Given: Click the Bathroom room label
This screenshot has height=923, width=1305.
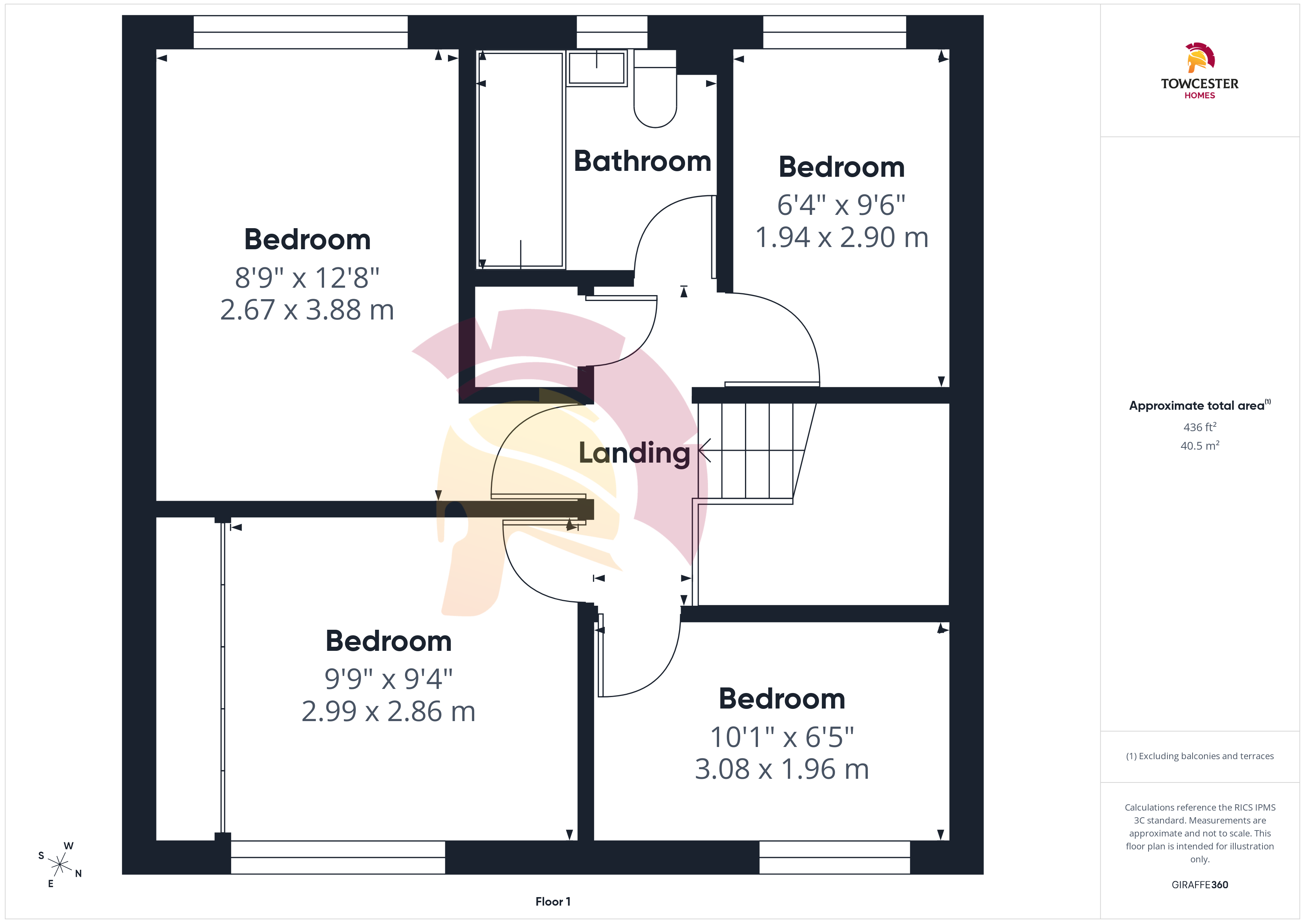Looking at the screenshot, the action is [642, 161].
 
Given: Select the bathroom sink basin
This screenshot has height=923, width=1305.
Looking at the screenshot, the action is [597, 68].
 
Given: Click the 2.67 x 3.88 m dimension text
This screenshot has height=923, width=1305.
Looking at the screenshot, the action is [307, 310].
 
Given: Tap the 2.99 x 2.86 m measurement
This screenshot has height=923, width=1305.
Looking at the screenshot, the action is [388, 711].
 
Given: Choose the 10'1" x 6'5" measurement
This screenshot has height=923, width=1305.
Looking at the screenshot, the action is [782, 737].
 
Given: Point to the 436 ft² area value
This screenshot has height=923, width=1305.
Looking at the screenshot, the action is [1200, 427].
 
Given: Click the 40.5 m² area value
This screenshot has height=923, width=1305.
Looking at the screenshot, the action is [1200, 446].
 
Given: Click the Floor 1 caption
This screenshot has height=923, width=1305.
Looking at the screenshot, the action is [553, 902].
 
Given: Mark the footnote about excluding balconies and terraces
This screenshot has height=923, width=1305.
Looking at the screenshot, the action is [1200, 756].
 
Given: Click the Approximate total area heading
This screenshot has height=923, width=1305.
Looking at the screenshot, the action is [1200, 405].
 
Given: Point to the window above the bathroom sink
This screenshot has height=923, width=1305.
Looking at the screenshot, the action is [612, 32].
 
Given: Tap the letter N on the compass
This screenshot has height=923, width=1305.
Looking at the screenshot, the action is [78, 873].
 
